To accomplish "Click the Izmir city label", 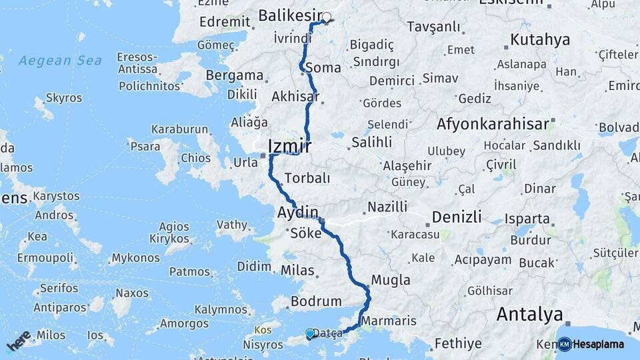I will (x=289, y=146).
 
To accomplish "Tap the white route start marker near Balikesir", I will (x=327, y=17).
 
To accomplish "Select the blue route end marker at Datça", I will (x=310, y=333).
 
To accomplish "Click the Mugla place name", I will (x=391, y=280).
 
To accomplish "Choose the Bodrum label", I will (x=316, y=301).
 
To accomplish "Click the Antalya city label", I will (x=530, y=313).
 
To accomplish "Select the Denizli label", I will (x=457, y=217).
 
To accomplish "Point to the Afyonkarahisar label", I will (x=493, y=123).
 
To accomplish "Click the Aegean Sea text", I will (x=60, y=61).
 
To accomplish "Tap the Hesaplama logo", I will (x=591, y=344).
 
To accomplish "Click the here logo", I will (x=19, y=341).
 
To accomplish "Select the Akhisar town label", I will (x=295, y=97).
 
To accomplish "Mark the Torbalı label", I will (x=307, y=178).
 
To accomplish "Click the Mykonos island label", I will (x=135, y=257).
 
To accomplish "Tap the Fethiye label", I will (x=457, y=344).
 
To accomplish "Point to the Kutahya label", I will (x=540, y=40).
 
